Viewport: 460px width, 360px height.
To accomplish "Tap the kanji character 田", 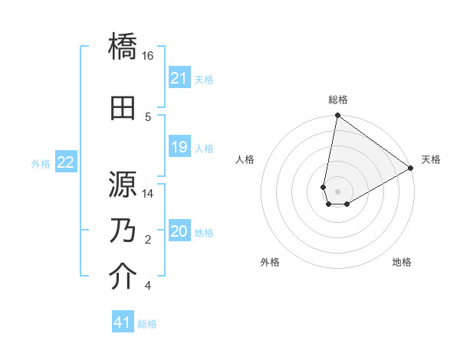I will point(123,108).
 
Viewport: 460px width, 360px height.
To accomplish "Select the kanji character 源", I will point(123,185).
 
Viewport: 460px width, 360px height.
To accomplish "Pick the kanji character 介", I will point(123,277).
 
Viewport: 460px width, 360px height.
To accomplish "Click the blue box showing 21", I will point(179,78).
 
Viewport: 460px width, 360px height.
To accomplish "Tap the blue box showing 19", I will point(179,147).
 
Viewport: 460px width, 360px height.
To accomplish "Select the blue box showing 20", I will point(179,231).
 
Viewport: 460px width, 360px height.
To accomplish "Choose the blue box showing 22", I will point(66,162).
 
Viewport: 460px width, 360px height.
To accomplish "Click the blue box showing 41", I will point(123,322).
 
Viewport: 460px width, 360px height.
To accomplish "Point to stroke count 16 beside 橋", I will point(148,56).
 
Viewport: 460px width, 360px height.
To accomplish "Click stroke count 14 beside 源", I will point(148,194).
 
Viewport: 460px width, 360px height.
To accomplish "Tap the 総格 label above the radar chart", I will point(337,100).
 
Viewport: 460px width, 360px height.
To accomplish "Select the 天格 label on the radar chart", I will point(431,159).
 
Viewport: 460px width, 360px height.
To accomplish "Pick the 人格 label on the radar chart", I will point(245,159).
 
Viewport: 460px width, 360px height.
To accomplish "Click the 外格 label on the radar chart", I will point(270,263).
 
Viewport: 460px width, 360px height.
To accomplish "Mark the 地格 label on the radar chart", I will point(402,263).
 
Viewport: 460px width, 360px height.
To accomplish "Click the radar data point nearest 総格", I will point(337,116).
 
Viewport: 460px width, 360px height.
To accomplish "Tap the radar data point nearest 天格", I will point(411,169).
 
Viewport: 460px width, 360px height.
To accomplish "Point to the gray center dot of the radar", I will point(337,190).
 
